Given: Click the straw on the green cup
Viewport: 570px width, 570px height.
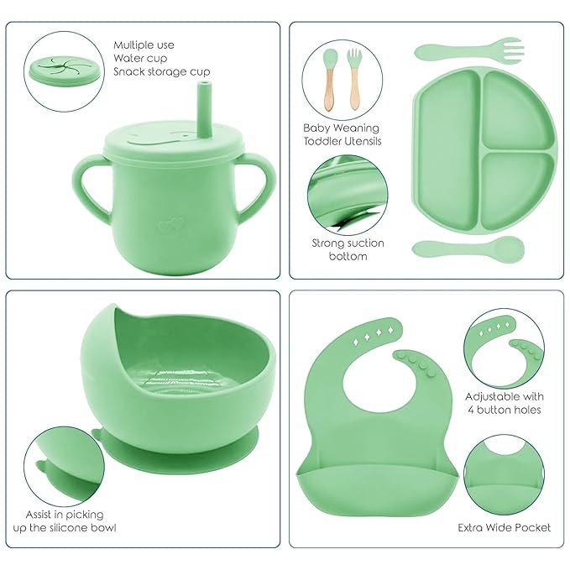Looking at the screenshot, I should [204, 109].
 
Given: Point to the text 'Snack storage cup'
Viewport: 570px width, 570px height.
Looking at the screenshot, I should [161, 72].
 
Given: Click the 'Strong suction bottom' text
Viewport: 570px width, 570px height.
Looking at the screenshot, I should [348, 249].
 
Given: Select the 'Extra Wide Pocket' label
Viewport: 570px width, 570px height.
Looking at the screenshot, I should [504, 527].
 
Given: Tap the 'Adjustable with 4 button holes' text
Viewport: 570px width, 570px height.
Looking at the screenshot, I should [504, 403].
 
